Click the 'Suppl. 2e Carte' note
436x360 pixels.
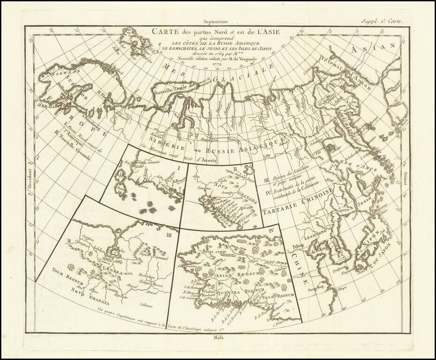pyautogui.click(x=379, y=20)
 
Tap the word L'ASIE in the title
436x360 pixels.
pyautogui.click(x=268, y=32)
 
